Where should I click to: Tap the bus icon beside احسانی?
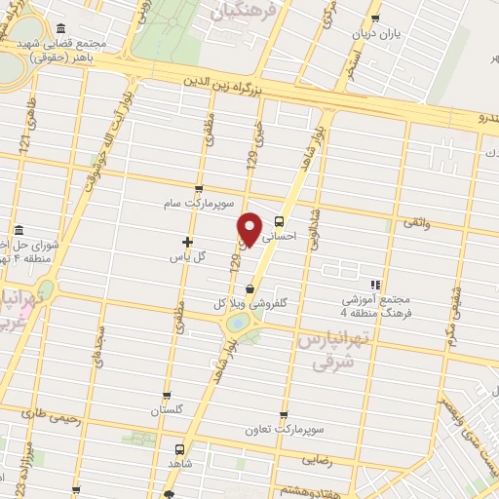pyautogui.click(x=280, y=221)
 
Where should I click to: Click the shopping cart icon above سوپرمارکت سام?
pyautogui.click(x=199, y=189)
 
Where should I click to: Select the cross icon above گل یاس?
pyautogui.click(x=187, y=242)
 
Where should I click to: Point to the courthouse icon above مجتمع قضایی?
pyautogui.click(x=61, y=28)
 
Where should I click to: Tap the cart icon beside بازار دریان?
pyautogui.click(x=375, y=18)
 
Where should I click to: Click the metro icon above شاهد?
pyautogui.click(x=179, y=449)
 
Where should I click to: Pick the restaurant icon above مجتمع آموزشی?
pyautogui.click(x=375, y=285)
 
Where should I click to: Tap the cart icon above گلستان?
pyautogui.click(x=167, y=396)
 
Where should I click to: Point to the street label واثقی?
pyautogui.click(x=413, y=223)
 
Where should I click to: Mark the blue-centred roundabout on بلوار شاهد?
pyautogui.click(x=238, y=324)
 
